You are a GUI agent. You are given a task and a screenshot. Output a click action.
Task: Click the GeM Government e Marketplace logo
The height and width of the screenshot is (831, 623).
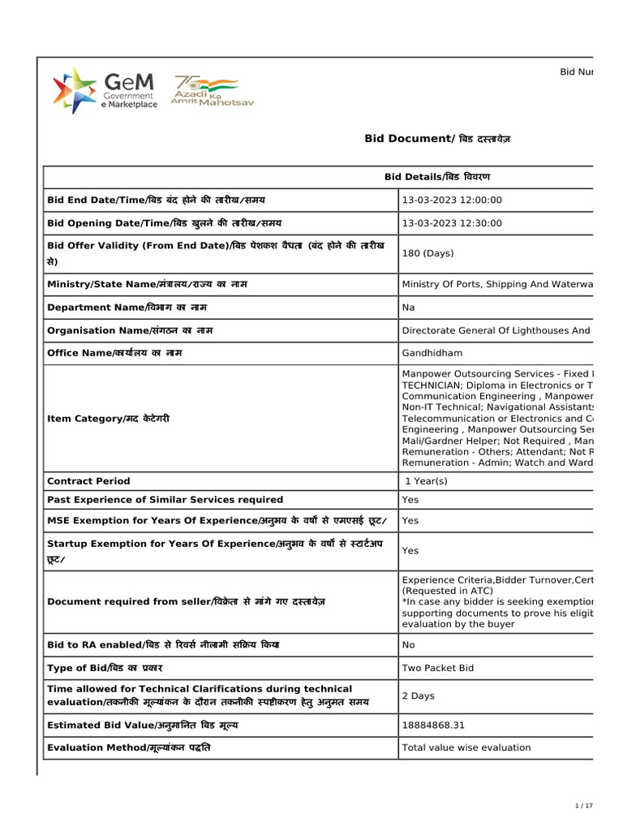(105, 90)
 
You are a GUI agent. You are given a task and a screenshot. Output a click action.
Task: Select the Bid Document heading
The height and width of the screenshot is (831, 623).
(437, 140)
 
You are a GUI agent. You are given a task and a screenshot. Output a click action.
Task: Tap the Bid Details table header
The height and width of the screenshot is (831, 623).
(436, 177)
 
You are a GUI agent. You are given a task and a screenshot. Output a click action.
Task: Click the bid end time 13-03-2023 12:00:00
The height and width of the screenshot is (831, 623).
(452, 200)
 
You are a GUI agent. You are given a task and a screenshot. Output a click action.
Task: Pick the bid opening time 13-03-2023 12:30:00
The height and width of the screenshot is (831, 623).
(452, 223)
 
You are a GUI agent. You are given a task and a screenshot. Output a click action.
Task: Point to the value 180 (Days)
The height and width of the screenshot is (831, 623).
(428, 253)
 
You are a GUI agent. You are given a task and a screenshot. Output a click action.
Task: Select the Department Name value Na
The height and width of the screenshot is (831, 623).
(408, 308)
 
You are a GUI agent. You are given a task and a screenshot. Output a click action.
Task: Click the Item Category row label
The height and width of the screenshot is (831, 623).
(109, 418)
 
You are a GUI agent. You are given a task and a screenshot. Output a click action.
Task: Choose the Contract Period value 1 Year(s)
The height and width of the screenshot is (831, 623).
(427, 481)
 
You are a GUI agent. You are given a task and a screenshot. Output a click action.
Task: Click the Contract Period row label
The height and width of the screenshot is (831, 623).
(88, 481)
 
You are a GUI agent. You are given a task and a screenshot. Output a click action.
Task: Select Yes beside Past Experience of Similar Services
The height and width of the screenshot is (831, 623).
(410, 500)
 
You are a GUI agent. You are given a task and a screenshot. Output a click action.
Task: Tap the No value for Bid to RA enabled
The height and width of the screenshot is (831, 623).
(408, 644)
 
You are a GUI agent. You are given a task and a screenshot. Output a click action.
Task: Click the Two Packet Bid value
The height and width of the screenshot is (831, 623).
(438, 668)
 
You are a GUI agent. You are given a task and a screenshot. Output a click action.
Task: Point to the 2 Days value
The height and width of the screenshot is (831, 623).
(418, 695)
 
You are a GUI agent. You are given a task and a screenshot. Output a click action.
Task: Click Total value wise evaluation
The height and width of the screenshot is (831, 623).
(466, 747)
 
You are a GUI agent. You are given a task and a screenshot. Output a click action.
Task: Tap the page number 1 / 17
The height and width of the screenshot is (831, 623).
(584, 806)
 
